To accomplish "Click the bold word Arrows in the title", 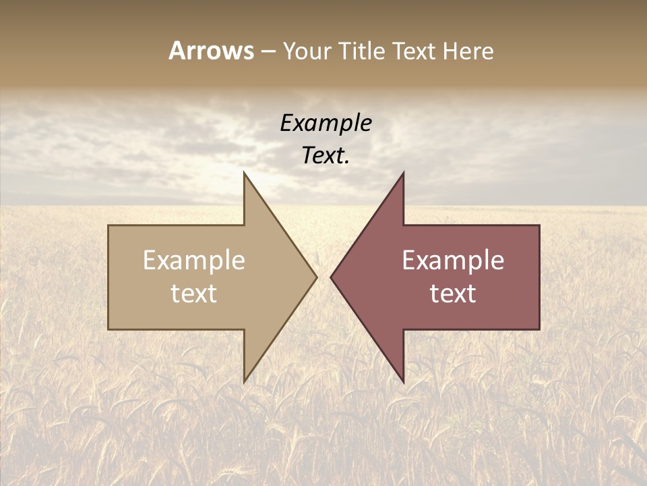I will coord(210,51).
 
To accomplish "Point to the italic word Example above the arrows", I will coord(326,123).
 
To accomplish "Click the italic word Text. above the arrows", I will coord(326,155).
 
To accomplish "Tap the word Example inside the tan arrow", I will coord(194,261).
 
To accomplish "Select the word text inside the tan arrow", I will coord(194,293).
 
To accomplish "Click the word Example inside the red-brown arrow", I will coord(453,261).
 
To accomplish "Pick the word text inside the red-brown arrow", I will coord(453,293).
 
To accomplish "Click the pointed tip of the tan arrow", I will coord(317,277).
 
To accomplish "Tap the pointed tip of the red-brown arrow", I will coord(331,277).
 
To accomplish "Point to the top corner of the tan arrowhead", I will coord(244,172).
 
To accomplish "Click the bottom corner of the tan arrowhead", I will coord(244,382).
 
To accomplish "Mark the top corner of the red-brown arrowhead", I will coord(403,172).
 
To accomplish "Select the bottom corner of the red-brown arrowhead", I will coord(403,382).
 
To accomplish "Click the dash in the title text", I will coord(268,51).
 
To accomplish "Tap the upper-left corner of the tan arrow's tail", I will coord(109,225).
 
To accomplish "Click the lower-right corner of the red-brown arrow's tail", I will coord(539,329).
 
